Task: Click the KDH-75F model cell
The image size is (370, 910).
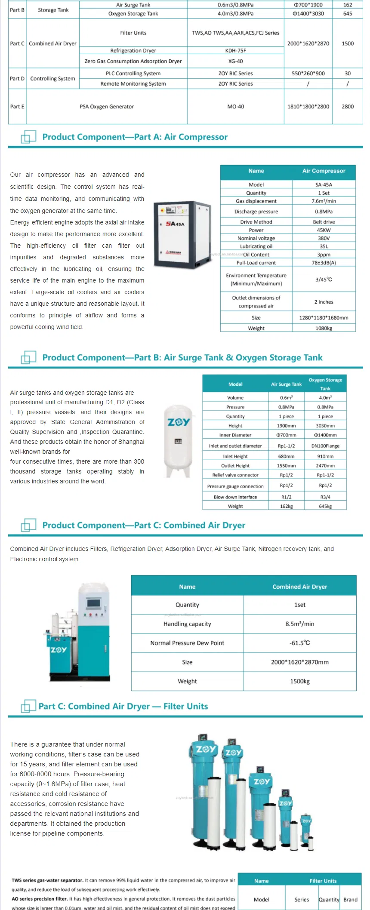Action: pos(235,50)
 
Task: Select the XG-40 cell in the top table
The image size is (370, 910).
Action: pos(235,61)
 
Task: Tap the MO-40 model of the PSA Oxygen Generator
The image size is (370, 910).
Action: pos(235,106)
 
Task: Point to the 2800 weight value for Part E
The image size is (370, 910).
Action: pos(348,106)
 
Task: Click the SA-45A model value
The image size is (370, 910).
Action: pos(324,184)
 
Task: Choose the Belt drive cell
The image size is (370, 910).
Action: pos(324,222)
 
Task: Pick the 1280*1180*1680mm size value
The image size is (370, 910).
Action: pos(324,318)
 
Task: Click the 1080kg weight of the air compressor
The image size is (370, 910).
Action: pos(324,328)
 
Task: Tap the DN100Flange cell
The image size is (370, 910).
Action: pos(325,446)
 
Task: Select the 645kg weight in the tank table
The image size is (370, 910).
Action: pos(325,506)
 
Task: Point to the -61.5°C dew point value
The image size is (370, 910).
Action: pos(299,643)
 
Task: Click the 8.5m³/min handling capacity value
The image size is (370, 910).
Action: pos(299,624)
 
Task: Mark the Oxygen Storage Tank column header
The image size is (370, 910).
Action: pos(325,384)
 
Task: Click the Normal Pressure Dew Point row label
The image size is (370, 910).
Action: pos(187,643)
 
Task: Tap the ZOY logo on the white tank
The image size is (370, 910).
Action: pos(179,422)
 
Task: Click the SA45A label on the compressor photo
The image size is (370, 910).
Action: pos(175,224)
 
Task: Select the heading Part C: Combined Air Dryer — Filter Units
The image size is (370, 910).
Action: pos(123,706)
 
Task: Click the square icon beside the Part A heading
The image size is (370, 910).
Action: pos(28,137)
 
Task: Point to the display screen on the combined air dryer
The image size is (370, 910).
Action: pos(93,603)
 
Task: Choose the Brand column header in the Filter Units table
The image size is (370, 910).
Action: pos(350,899)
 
